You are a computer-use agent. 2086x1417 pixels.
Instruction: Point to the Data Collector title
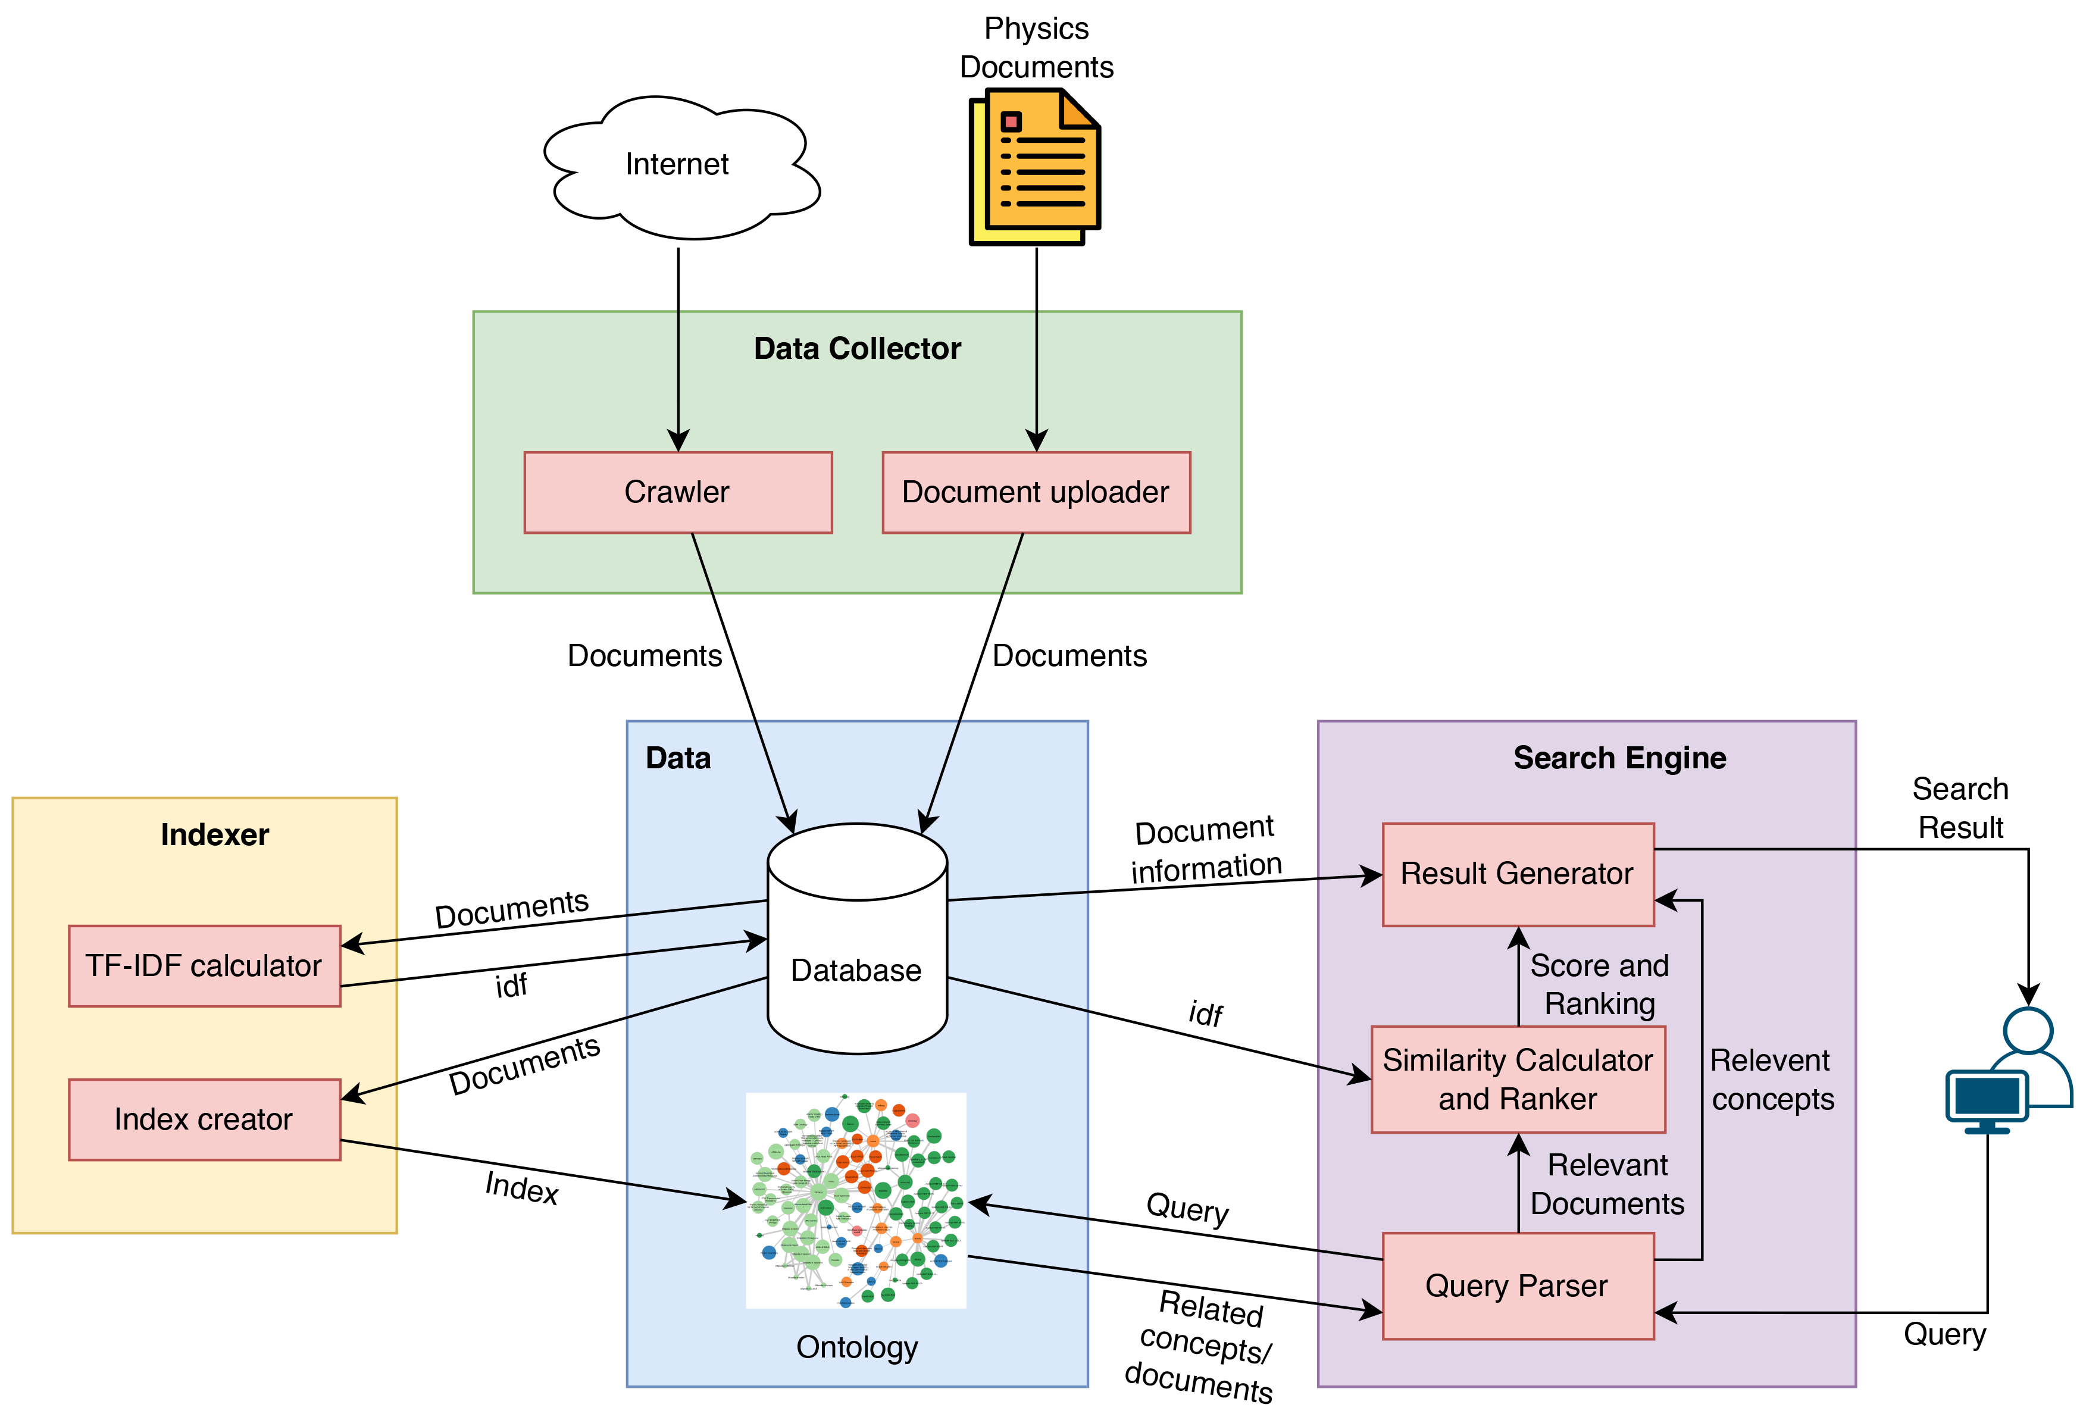coord(856,348)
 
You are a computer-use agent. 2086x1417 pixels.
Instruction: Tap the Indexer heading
coord(214,834)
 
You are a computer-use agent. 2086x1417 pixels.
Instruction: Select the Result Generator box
coord(1517,874)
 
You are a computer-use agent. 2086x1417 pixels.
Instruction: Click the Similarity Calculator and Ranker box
coord(1517,1079)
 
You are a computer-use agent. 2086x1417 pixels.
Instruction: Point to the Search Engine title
coord(1619,758)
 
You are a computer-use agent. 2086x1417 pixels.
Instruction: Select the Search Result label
coord(1960,808)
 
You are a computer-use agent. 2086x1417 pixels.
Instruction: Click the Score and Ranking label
coord(1600,984)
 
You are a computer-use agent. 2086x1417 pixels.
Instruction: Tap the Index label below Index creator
coord(521,1187)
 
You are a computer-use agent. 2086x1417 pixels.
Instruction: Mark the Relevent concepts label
coord(1771,1080)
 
